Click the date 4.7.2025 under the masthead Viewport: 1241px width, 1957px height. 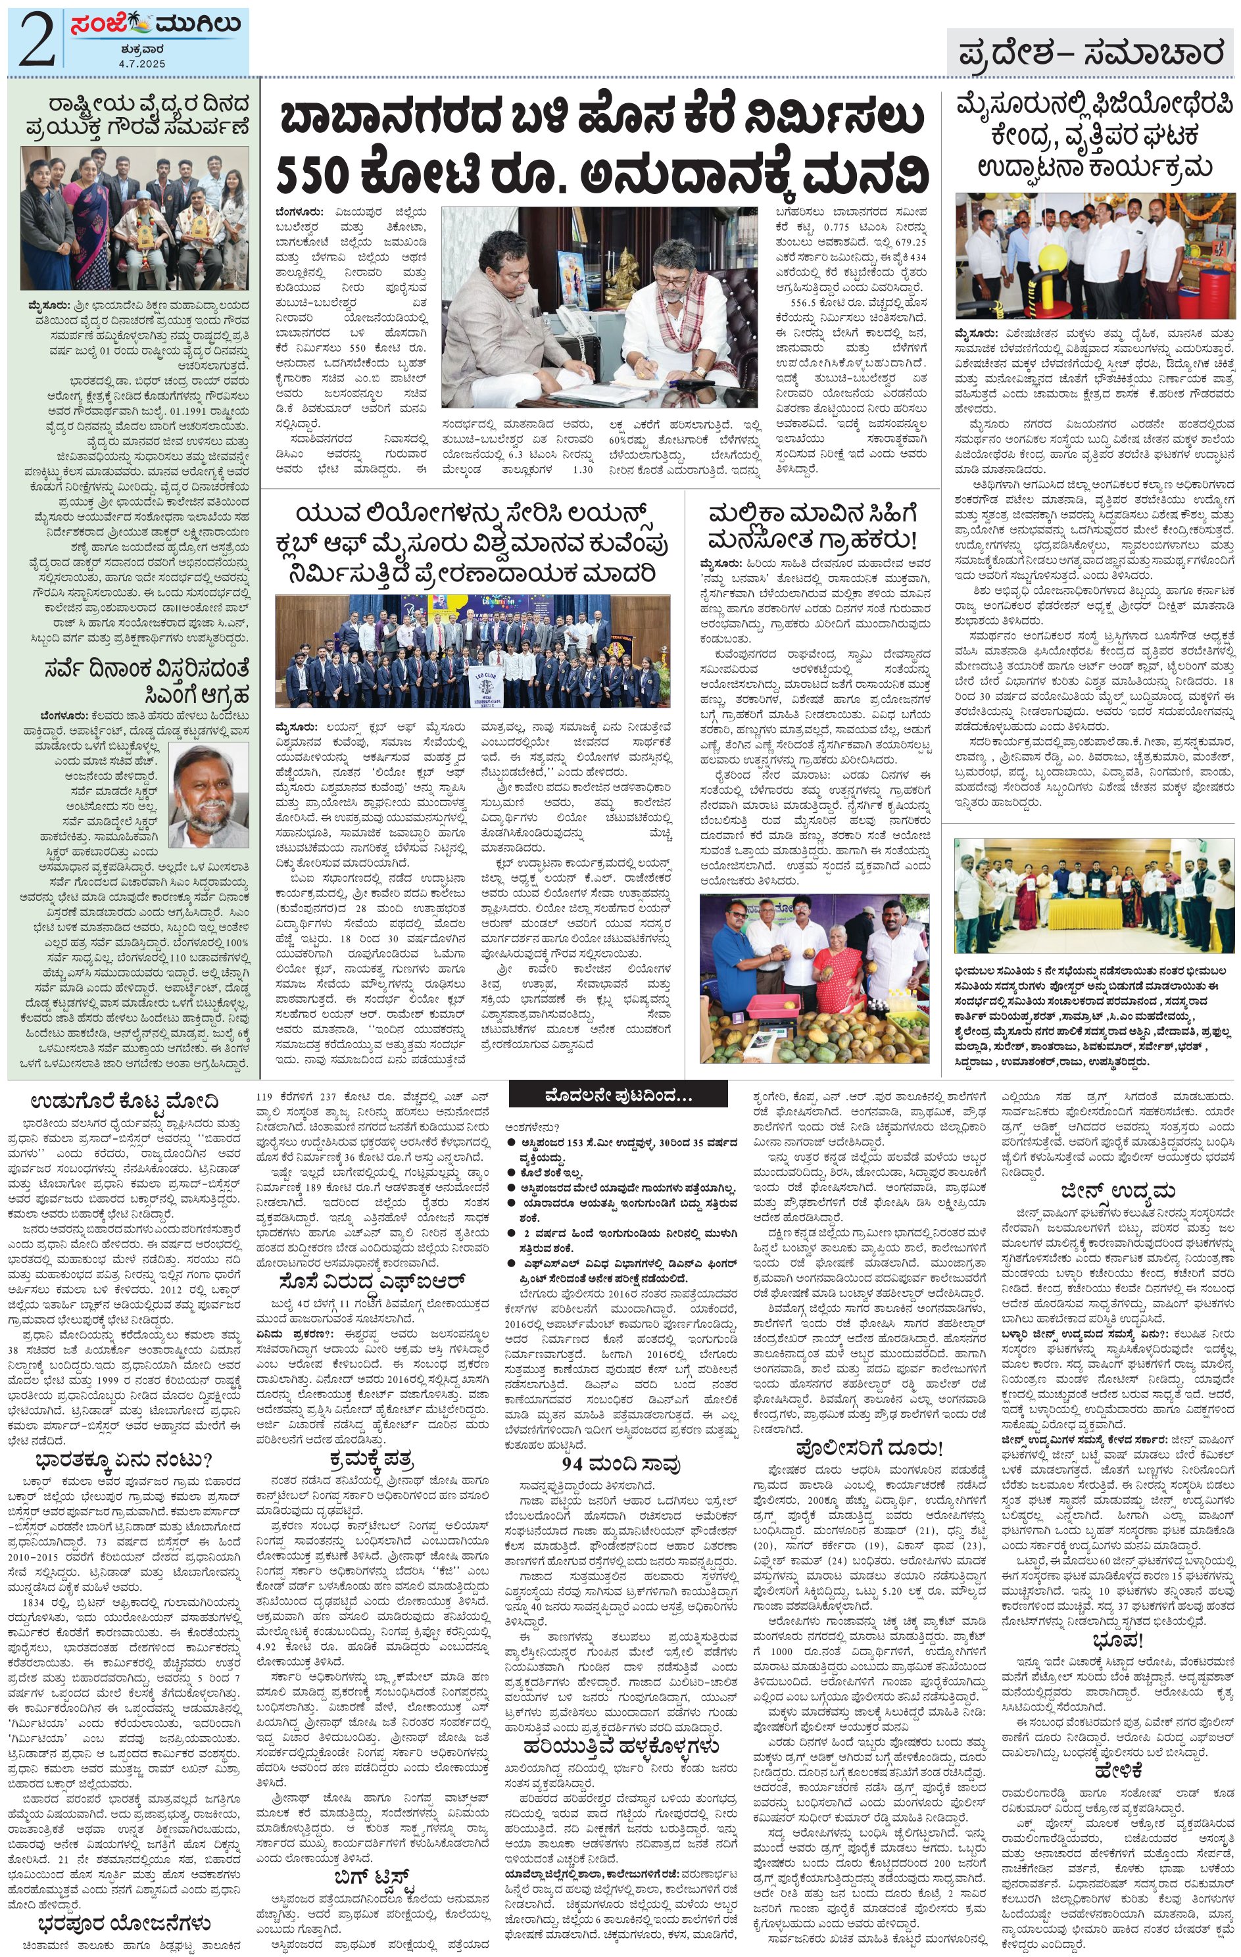[141, 62]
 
